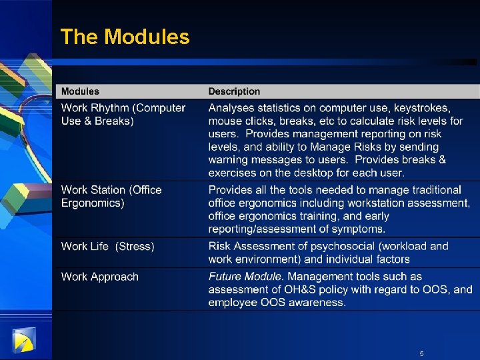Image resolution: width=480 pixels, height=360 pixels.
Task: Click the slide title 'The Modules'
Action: click(x=125, y=37)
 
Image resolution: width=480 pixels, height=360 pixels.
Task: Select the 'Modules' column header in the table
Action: click(x=80, y=91)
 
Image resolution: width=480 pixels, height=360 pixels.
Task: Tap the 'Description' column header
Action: click(x=234, y=91)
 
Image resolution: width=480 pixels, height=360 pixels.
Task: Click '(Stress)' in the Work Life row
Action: click(x=135, y=247)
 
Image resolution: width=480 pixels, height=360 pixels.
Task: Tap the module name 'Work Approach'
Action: click(x=100, y=277)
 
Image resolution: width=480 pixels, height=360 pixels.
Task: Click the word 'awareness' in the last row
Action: click(x=319, y=302)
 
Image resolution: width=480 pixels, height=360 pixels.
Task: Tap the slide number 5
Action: click(x=421, y=353)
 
